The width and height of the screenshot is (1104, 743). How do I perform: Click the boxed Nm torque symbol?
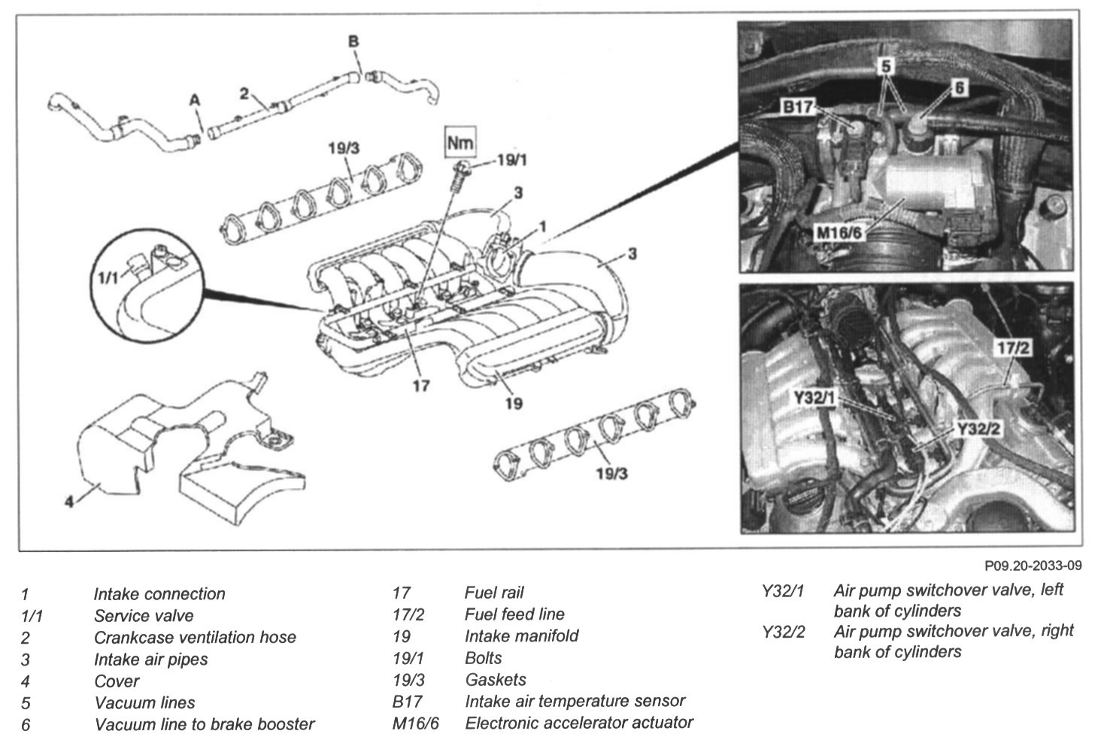(460, 142)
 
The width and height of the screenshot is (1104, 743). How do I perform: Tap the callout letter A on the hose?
(195, 100)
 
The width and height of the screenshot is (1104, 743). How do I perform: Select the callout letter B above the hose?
(353, 42)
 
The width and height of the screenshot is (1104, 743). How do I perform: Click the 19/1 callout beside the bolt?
(512, 160)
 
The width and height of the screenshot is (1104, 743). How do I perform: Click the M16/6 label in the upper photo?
(839, 233)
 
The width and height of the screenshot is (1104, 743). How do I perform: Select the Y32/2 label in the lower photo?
(978, 429)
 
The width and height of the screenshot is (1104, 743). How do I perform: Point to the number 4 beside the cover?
(69, 502)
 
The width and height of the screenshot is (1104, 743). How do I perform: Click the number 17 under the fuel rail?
(420, 386)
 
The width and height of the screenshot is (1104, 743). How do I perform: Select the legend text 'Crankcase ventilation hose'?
(195, 638)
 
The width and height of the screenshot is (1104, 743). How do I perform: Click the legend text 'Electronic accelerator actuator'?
(578, 723)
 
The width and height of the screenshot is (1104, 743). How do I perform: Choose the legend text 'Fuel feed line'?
(514, 614)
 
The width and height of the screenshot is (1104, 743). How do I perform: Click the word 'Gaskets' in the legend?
(495, 680)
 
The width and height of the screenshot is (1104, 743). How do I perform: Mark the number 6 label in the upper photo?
(958, 89)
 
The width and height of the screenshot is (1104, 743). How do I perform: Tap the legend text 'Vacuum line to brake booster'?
(204, 725)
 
